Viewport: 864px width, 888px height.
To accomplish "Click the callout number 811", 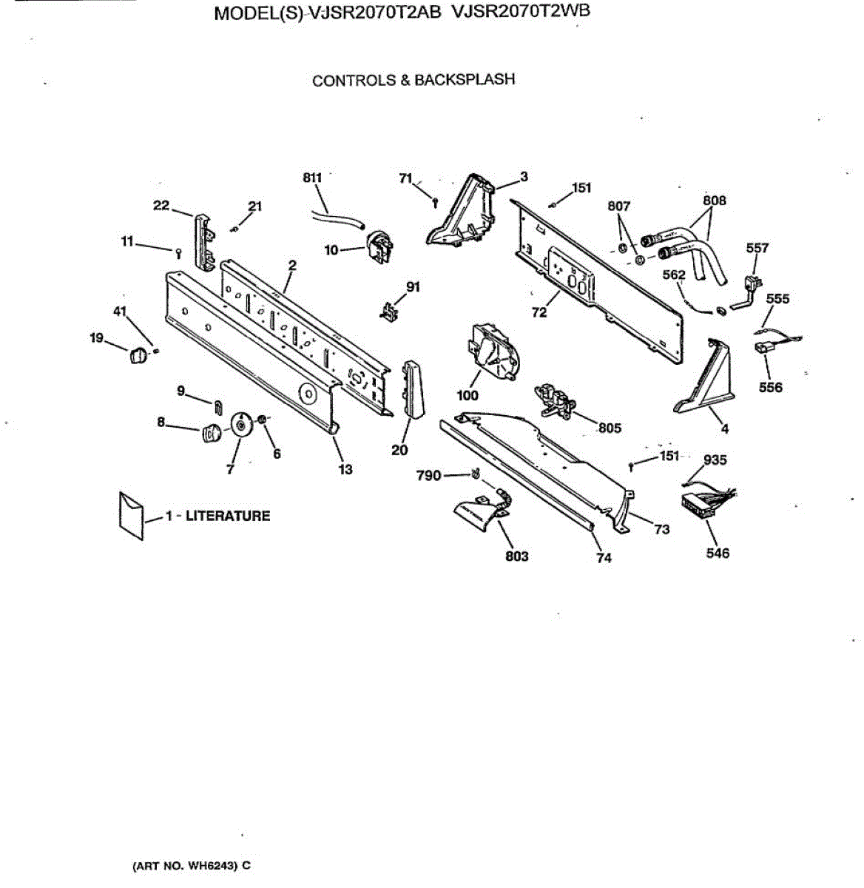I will (312, 178).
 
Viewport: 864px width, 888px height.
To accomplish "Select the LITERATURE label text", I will (227, 516).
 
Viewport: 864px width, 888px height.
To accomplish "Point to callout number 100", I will (468, 396).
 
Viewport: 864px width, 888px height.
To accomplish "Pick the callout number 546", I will (718, 553).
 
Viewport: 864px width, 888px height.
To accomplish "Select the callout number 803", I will (516, 556).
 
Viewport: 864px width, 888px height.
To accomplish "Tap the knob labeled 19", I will (138, 355).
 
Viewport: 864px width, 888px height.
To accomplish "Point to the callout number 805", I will (610, 428).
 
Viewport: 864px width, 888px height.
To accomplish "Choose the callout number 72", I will (539, 312).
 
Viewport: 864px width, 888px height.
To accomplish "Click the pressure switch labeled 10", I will (379, 246).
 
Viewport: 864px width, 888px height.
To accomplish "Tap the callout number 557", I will (757, 248).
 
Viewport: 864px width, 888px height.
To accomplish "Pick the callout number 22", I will (161, 205).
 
